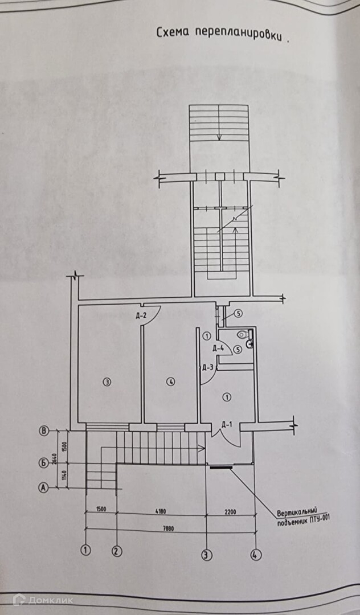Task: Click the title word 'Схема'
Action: pyautogui.click(x=173, y=33)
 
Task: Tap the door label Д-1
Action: pyautogui.click(x=226, y=424)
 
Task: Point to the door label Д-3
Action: pyautogui.click(x=207, y=367)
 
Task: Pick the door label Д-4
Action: pyautogui.click(x=218, y=348)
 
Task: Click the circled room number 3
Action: pyautogui.click(x=106, y=382)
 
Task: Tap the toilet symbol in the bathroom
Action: pyautogui.click(x=243, y=335)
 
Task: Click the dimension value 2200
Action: pyautogui.click(x=230, y=511)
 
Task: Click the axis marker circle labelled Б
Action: pyautogui.click(x=43, y=463)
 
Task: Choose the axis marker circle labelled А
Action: pyautogui.click(x=43, y=487)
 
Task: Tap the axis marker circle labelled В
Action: pyautogui.click(x=43, y=431)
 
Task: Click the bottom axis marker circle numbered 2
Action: pyautogui.click(x=117, y=551)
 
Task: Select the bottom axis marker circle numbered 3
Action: pyautogui.click(x=206, y=552)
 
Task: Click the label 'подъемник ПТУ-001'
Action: pyautogui.click(x=302, y=519)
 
